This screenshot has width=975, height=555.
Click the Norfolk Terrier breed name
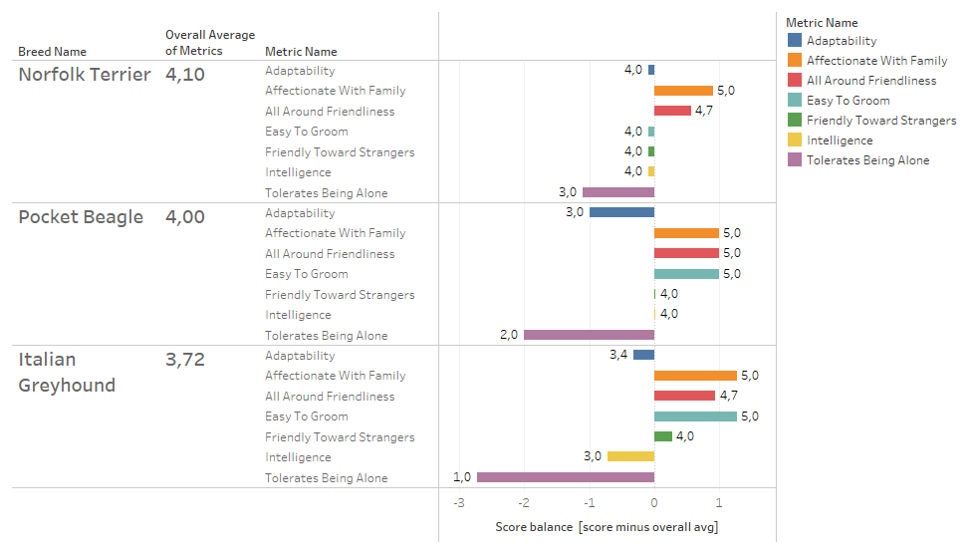85,75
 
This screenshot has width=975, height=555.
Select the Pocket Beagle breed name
81,217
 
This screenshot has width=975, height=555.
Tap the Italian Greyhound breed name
67,372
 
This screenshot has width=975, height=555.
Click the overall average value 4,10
185,75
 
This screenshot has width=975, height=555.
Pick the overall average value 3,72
185,360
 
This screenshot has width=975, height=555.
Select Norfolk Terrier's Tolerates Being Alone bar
617,192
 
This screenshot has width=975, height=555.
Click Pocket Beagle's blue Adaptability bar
621,212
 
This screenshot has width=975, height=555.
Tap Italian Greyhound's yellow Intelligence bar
630,456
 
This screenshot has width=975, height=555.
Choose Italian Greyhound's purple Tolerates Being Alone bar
565,477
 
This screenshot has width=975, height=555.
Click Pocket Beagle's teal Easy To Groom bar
686,273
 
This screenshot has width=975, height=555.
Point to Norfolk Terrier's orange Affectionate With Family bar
683,91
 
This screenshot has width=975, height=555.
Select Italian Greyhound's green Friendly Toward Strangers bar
663,436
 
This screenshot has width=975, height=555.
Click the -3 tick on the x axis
458,502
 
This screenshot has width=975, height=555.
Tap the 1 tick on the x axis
719,502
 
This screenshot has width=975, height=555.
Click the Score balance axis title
606,526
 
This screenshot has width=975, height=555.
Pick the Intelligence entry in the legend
840,140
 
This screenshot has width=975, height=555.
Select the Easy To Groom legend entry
848,101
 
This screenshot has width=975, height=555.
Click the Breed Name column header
52,52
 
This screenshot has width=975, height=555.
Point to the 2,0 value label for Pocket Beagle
509,335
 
